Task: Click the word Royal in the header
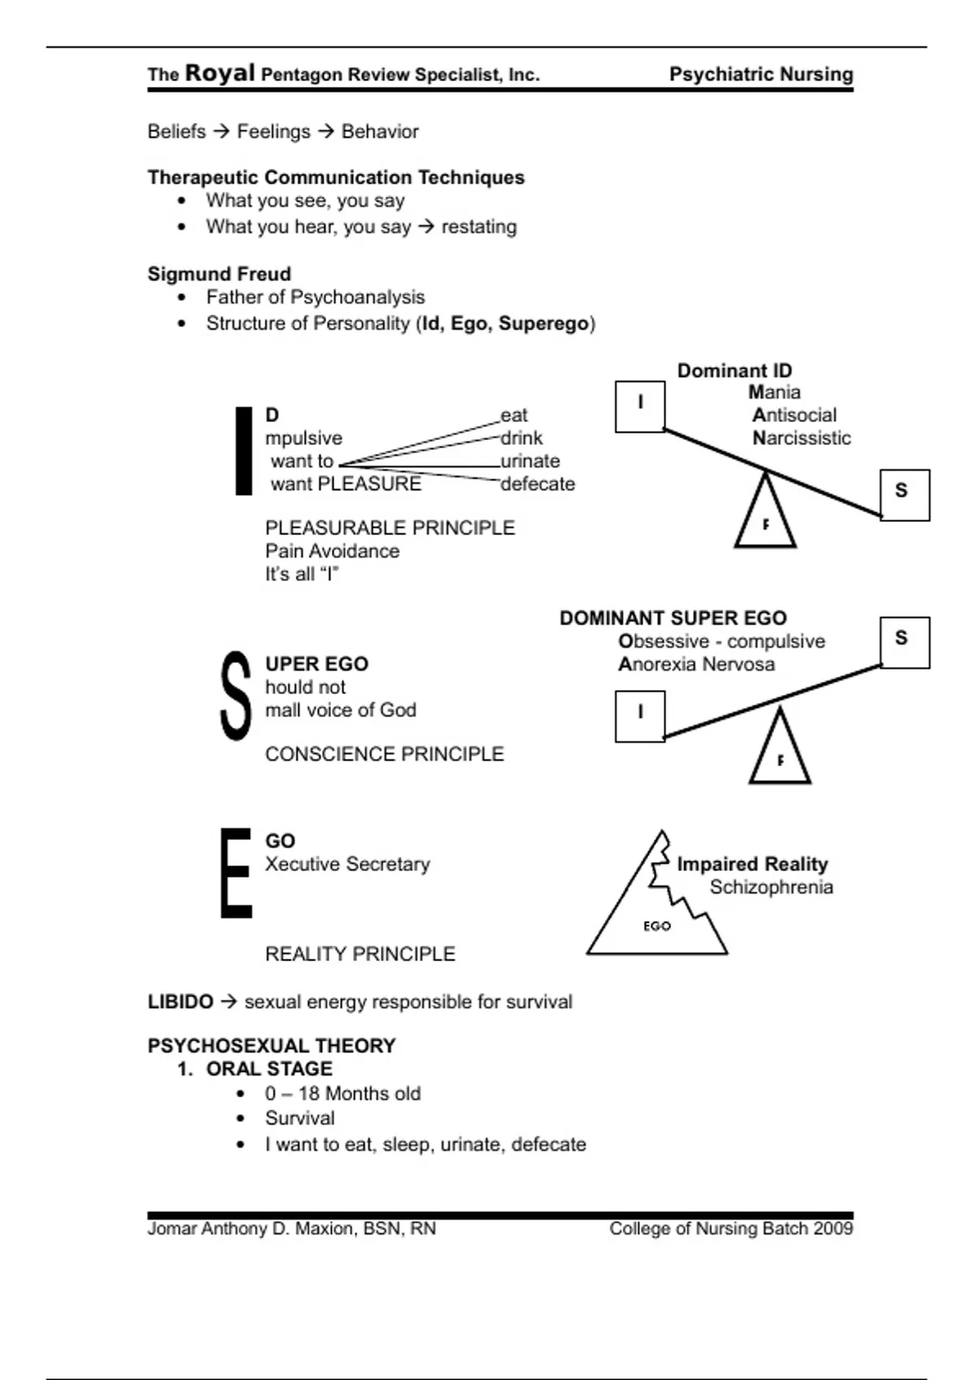coord(220,73)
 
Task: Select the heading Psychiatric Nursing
coord(761,75)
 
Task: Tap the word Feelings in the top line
coord(274,132)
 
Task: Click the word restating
coord(479,226)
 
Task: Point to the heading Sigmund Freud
coord(219,274)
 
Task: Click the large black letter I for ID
coord(243,451)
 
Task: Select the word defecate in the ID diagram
coord(537,484)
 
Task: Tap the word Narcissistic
coord(801,438)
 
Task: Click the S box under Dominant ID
coord(904,494)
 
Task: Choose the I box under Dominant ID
coord(640,406)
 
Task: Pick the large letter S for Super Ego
coord(236,696)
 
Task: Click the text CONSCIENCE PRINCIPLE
coord(384,754)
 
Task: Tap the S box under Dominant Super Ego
coord(904,642)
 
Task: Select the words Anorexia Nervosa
coord(696,665)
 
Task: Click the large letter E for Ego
coord(236,873)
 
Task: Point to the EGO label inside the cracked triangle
coord(657,926)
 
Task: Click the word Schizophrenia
coord(771,887)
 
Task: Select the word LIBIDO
coord(180,1002)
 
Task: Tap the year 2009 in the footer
coord(833,1229)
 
